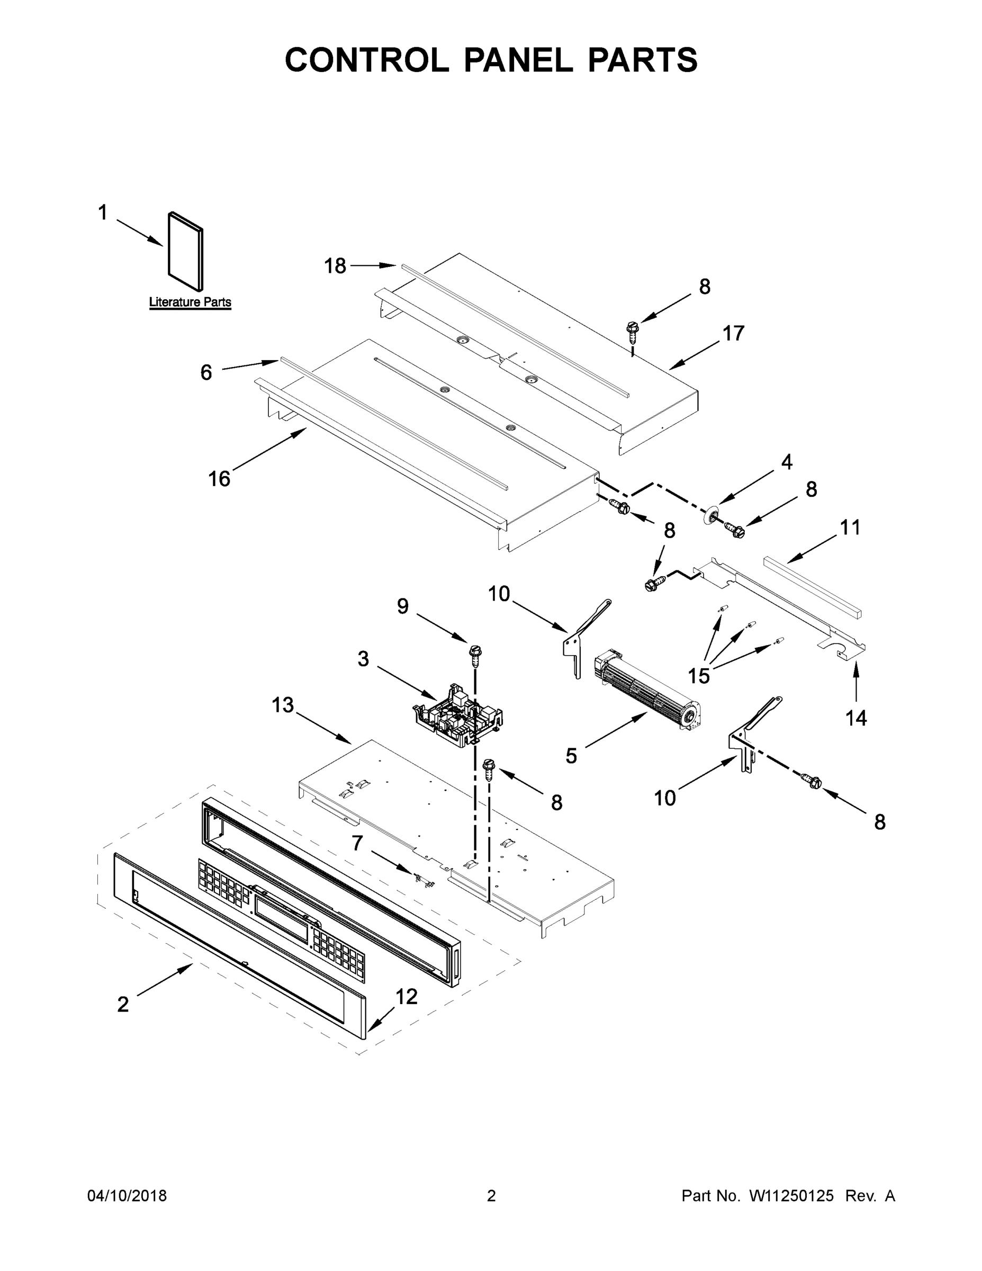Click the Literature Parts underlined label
(x=190, y=302)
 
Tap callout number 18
(x=335, y=266)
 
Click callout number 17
(x=734, y=334)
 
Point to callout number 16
(x=219, y=479)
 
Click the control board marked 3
(x=458, y=714)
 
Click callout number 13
(x=283, y=705)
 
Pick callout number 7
(x=357, y=843)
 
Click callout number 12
(x=407, y=997)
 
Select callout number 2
(x=123, y=1005)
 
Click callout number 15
(x=699, y=676)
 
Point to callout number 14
(x=856, y=718)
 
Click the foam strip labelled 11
(x=812, y=587)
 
